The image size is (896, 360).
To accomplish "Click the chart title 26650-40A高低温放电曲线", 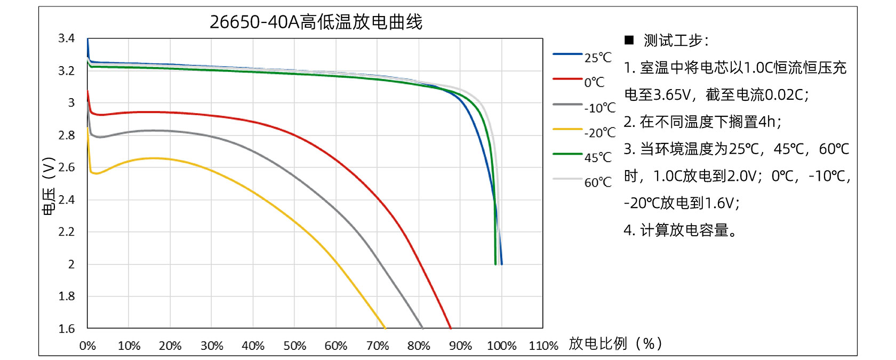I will (316, 22).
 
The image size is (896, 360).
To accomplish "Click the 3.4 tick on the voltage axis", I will (66, 38).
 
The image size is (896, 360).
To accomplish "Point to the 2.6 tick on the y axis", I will (66, 167).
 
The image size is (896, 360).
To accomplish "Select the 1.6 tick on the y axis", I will (66, 329).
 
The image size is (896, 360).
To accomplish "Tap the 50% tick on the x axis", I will (294, 346).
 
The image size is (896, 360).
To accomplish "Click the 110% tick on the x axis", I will (543, 346).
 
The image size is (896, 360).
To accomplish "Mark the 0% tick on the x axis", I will (87, 346).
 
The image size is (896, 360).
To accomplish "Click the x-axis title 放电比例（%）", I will (615, 343).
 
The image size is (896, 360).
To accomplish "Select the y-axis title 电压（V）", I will (48, 186).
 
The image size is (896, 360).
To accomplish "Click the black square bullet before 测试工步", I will (629, 40).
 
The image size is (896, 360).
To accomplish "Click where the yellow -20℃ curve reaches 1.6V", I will (385, 327).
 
